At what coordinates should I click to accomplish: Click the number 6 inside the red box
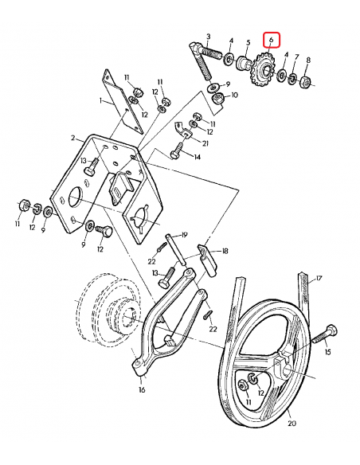(x=272, y=38)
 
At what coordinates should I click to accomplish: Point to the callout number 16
(x=141, y=391)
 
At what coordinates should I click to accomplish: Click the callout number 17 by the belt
(x=319, y=278)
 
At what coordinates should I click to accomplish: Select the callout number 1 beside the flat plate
(x=101, y=102)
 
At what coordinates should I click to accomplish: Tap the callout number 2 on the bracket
(x=72, y=138)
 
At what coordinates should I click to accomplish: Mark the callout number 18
(x=225, y=251)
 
